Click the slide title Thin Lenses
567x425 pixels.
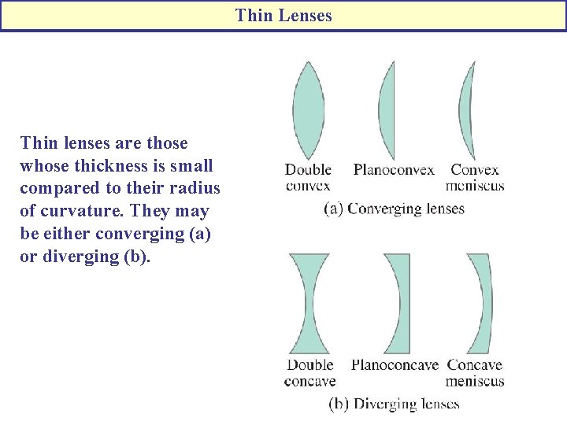[x=283, y=16]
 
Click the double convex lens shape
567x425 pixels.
[x=308, y=110]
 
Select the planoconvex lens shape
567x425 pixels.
[x=387, y=110]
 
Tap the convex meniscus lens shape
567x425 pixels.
[x=465, y=110]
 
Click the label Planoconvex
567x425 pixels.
[x=394, y=170]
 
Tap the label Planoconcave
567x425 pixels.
[x=394, y=365]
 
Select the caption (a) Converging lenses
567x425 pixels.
[x=395, y=209]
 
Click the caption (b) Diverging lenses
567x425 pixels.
[x=394, y=404]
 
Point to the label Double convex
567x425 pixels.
[x=308, y=178]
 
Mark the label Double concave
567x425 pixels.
[x=309, y=373]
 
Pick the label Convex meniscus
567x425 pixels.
[x=475, y=178]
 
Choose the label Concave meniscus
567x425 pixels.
[x=475, y=373]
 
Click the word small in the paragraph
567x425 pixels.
[x=191, y=166]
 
